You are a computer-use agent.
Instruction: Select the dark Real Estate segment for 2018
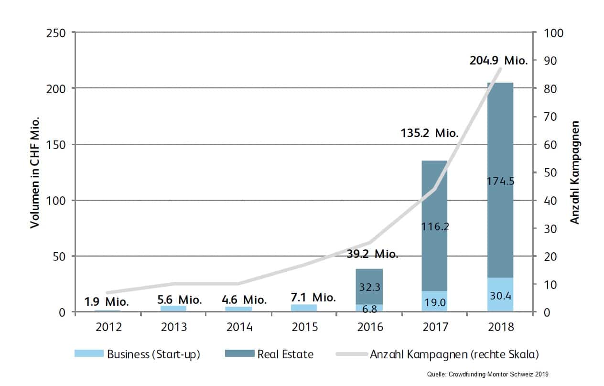click(x=500, y=143)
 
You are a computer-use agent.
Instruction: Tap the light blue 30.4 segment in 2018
click(x=500, y=296)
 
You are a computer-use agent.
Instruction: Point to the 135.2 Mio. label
click(x=429, y=134)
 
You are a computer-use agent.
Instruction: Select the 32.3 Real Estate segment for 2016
click(x=369, y=287)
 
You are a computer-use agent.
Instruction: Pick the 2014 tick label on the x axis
click(x=239, y=327)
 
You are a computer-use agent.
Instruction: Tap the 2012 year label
click(x=108, y=327)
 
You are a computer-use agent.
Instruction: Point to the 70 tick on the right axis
click(x=548, y=117)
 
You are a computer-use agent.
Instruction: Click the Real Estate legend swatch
click(x=239, y=354)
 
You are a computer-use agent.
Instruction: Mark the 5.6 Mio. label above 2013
click(x=179, y=300)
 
